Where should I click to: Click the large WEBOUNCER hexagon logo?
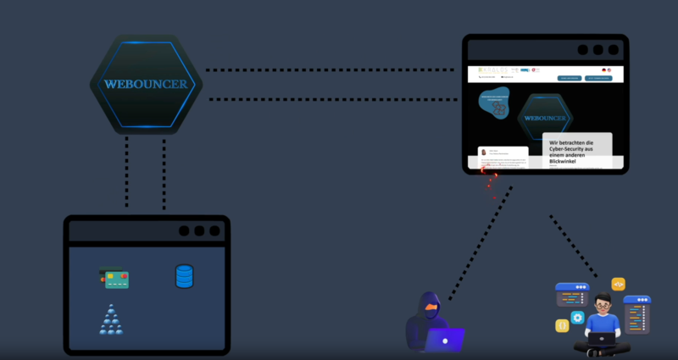(x=146, y=84)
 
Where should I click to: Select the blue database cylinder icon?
(x=184, y=276)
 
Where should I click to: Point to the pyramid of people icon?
(x=111, y=320)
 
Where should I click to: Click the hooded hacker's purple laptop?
(x=444, y=340)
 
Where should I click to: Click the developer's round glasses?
(x=603, y=304)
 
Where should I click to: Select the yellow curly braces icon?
(x=561, y=325)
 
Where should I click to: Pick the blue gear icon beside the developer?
(x=578, y=318)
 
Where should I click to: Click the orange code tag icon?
(x=619, y=285)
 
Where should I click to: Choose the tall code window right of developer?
(x=636, y=314)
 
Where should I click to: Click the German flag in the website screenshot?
(x=603, y=70)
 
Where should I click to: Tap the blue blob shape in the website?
(x=494, y=102)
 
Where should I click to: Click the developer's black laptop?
(x=603, y=338)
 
